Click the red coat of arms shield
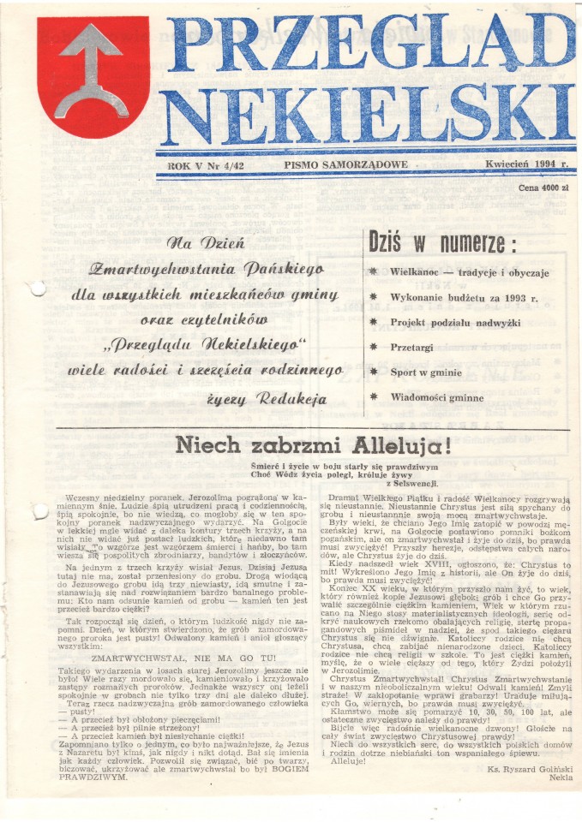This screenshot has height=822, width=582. pos(93,79)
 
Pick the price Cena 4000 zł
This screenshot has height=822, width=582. pos(544,186)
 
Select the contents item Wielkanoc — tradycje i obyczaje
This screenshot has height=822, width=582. pos(469,273)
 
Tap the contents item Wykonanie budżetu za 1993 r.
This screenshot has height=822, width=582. pos(464,298)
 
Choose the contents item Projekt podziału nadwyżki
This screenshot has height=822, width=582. pos(455,323)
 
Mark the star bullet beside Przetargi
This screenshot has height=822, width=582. pos(373,348)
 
